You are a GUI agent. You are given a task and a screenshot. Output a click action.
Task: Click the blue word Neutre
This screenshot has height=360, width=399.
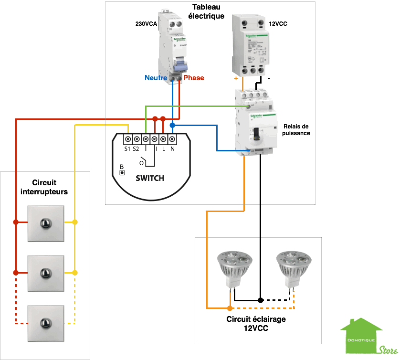click(156, 78)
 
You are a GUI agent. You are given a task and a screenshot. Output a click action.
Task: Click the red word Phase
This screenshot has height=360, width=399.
click(193, 78)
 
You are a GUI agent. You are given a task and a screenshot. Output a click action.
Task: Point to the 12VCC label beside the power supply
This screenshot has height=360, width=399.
click(278, 23)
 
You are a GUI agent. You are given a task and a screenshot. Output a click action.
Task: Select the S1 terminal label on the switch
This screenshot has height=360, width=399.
click(127, 149)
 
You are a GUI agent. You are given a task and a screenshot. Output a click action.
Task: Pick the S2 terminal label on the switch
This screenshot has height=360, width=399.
click(136, 149)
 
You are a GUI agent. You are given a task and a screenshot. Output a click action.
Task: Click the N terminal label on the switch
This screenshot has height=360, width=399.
click(172, 149)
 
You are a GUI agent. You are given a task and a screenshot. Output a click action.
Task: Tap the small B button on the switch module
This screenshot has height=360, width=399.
click(122, 172)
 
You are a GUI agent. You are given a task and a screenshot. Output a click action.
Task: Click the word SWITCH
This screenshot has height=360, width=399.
click(149, 178)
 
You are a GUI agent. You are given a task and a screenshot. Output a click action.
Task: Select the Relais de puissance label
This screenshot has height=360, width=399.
click(296, 129)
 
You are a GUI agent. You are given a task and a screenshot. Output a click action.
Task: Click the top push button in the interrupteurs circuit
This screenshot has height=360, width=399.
click(45, 222)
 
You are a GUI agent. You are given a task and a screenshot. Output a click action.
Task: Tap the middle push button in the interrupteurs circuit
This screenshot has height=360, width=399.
click(45, 273)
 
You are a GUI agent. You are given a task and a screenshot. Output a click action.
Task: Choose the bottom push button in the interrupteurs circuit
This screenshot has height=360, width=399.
click(45, 323)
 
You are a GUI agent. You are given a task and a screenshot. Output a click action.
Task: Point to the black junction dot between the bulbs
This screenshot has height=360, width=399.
click(260, 300)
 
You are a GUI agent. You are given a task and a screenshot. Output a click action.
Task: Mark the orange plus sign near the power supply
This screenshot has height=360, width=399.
click(236, 77)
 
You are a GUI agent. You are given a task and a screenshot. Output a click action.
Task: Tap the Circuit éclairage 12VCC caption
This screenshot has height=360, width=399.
click(256, 323)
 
